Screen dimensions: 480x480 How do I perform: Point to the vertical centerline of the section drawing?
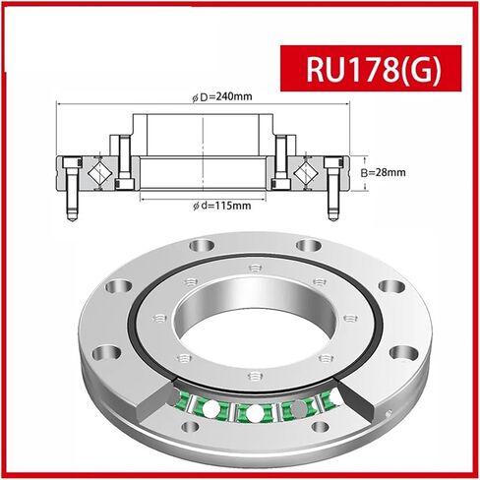coord(204,157)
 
